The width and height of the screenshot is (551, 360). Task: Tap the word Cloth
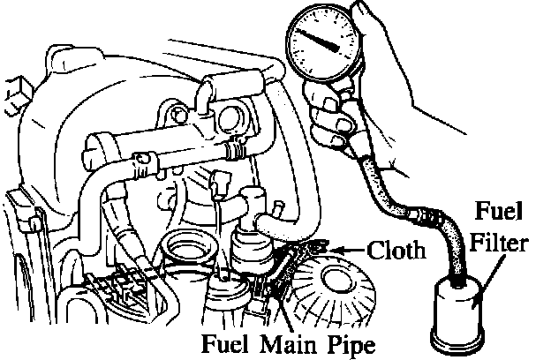tap(396, 251)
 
